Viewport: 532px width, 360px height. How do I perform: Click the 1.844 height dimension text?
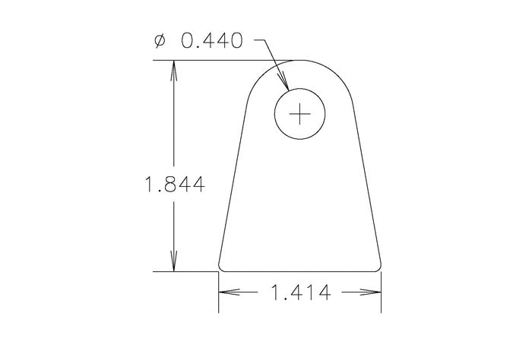[174, 185]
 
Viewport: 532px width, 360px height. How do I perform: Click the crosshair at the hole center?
[301, 115]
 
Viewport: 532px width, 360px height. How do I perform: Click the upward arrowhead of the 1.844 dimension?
[175, 69]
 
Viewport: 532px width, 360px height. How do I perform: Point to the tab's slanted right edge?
[368, 182]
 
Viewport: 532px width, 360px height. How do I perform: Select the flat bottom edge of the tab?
[299, 271]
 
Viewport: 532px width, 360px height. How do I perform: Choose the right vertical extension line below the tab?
[381, 300]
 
